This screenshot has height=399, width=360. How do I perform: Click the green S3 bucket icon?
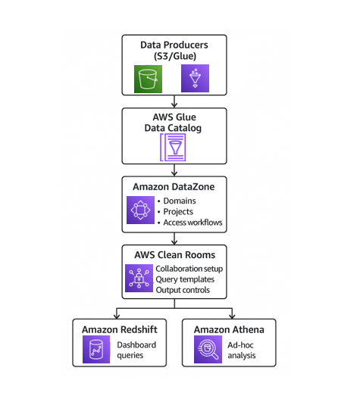point(148,79)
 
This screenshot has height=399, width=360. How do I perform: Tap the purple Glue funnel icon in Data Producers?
point(196,79)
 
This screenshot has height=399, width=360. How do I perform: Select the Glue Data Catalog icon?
point(173,148)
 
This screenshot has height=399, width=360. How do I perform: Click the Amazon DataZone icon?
point(140,210)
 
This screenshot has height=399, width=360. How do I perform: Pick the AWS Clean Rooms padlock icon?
point(139,278)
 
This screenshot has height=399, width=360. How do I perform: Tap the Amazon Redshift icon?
point(96,349)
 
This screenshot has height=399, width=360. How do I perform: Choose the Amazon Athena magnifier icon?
point(208,349)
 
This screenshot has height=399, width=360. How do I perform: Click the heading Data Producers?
point(174,45)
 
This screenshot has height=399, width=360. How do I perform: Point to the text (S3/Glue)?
point(175,56)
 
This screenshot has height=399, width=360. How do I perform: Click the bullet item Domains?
point(180,201)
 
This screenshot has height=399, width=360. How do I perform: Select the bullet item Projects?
point(178,212)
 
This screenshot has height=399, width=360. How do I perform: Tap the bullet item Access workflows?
point(193,223)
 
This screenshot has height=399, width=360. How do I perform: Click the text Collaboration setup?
point(189,269)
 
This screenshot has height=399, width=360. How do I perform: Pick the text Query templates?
point(185,279)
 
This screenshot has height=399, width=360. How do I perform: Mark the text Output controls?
point(183,290)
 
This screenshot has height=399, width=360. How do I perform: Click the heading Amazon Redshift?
point(120,329)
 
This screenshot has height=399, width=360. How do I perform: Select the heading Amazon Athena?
point(229,329)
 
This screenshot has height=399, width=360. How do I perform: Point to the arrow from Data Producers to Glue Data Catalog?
point(174,101)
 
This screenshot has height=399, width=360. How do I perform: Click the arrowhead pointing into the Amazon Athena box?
point(232,316)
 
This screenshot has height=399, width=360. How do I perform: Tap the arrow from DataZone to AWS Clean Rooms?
point(174,238)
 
